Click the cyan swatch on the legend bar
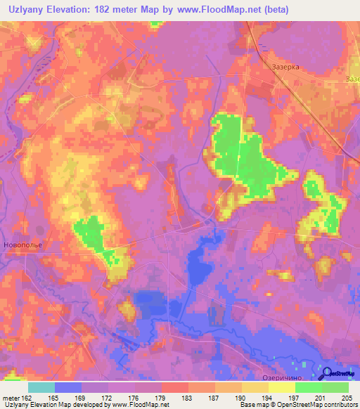point(41,387)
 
